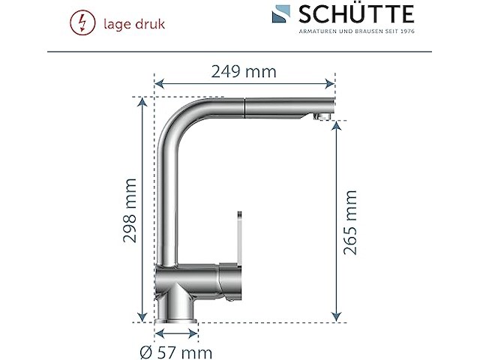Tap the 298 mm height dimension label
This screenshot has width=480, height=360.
click(130, 210)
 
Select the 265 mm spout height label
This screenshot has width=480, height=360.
click(350, 223)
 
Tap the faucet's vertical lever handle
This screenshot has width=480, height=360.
click(238, 236)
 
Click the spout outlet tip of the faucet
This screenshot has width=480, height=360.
click(321, 115)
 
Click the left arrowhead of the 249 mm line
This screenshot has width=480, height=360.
click(157, 84)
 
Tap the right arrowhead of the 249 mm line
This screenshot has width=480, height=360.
click(331, 84)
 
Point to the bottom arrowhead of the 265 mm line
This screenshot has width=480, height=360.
click(334, 318)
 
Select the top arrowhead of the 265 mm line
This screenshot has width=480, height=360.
click(334, 124)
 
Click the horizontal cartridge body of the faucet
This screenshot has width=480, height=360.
click(199, 280)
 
